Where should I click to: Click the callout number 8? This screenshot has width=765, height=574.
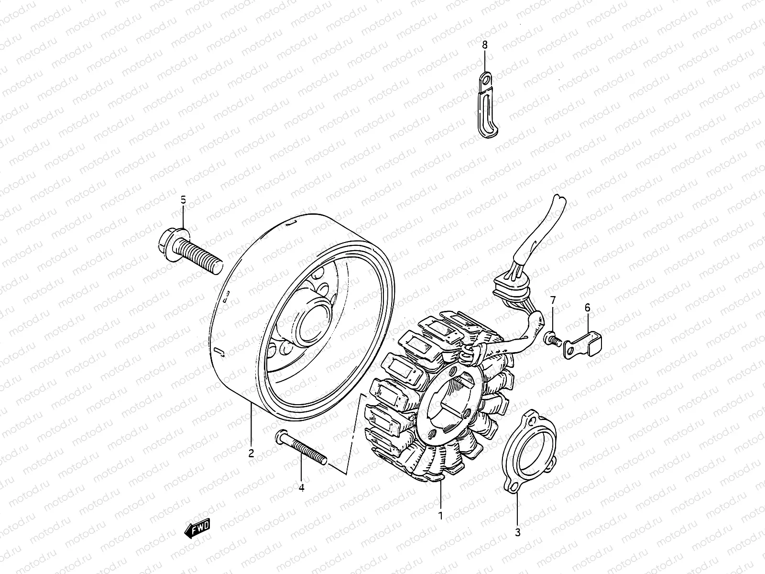pyautogui.click(x=485, y=45)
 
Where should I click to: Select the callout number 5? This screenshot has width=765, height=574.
pyautogui.click(x=183, y=200)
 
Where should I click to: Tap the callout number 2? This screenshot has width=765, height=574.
pyautogui.click(x=251, y=453)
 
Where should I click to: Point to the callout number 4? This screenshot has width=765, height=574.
pyautogui.click(x=301, y=487)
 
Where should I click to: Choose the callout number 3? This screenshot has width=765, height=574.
pyautogui.click(x=518, y=532)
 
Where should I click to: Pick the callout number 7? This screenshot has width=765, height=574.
pyautogui.click(x=553, y=300)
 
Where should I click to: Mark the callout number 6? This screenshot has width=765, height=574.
pyautogui.click(x=588, y=308)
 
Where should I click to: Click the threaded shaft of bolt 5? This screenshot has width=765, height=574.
pyautogui.click(x=201, y=257)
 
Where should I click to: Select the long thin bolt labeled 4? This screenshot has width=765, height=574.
pyautogui.click(x=301, y=447)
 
